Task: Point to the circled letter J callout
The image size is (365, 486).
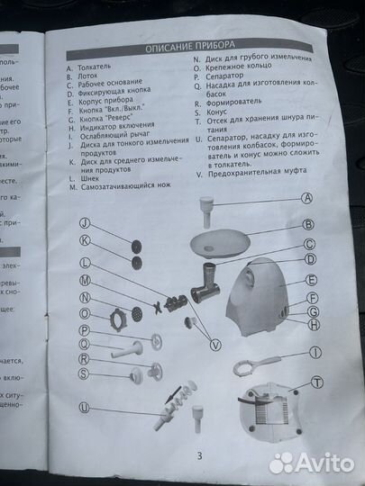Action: (84, 222)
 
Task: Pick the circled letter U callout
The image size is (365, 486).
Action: (84, 407)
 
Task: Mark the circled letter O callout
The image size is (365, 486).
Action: (84, 313)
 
